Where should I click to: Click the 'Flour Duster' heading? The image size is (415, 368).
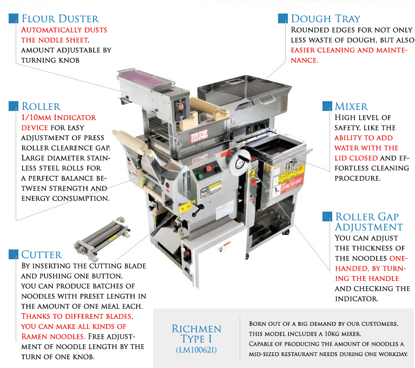click(60, 19)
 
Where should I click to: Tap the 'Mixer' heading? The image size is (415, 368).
click(351, 106)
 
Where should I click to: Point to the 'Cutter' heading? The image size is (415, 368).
click(42, 254)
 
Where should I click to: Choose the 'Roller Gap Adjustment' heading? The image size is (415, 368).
click(368, 222)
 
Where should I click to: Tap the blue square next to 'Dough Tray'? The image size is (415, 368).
click(282, 18)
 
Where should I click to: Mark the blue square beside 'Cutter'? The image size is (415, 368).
click(13, 254)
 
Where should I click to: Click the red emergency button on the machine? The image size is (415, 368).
click(208, 168)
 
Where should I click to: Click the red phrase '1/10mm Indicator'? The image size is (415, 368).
click(58, 117)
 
